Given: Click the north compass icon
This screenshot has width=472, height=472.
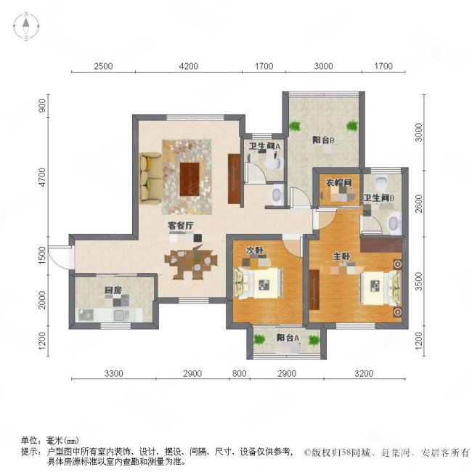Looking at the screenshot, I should pyautogui.click(x=27, y=28).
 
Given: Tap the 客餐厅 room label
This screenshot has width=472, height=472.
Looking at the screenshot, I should pyautogui.click(x=180, y=226).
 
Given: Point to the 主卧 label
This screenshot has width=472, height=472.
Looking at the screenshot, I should pyautogui.click(x=340, y=256).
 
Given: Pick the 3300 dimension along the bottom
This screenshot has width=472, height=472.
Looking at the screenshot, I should pyautogui.click(x=114, y=374).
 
